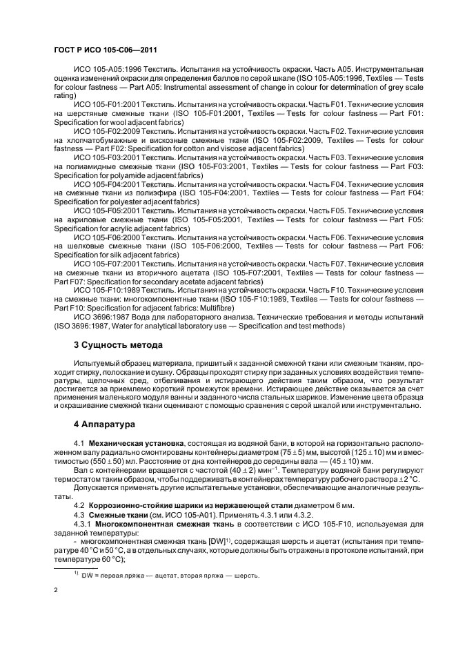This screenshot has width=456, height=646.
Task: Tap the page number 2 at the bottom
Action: pos(55,591)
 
